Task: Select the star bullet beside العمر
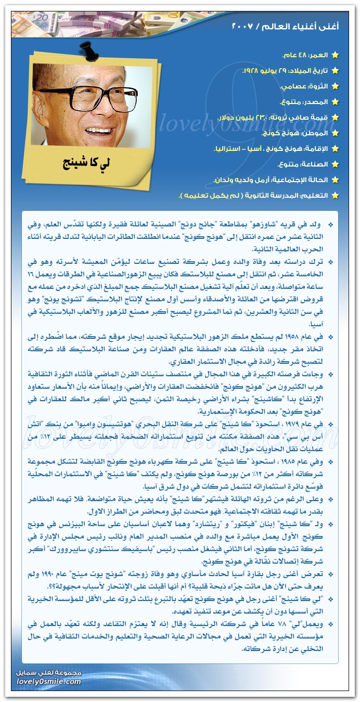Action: (336, 55)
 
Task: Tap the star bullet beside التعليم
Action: (336, 196)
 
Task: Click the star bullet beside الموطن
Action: (336, 133)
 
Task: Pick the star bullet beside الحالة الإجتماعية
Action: (336, 180)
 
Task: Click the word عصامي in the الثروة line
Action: (291, 86)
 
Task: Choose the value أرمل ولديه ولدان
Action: (240, 180)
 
